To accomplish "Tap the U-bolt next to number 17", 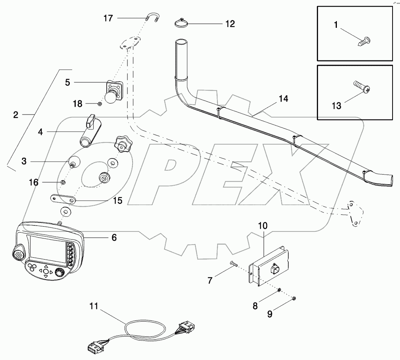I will click(x=153, y=18).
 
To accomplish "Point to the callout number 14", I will click(x=284, y=99).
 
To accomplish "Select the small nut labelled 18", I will click(x=100, y=104).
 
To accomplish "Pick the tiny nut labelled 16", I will click(x=62, y=182).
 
